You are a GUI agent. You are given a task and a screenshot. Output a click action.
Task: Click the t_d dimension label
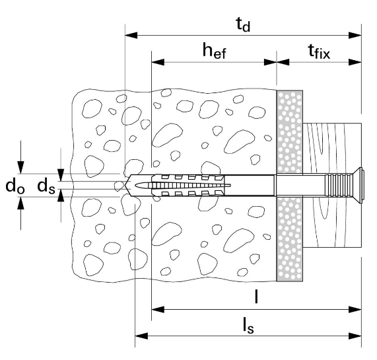tap(243, 24)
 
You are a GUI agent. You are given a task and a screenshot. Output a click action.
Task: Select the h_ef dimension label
tap(214, 51)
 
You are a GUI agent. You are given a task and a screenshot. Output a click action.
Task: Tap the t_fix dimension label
tap(319, 52)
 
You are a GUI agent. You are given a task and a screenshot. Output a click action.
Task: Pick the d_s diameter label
tap(46, 186)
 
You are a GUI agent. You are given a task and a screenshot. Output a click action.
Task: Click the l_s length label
tap(248, 326)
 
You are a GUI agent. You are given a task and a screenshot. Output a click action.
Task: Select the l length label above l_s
tap(257, 297)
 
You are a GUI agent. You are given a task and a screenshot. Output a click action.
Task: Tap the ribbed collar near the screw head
tap(337, 185)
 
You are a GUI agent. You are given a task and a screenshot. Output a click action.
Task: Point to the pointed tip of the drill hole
tap(125, 185)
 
